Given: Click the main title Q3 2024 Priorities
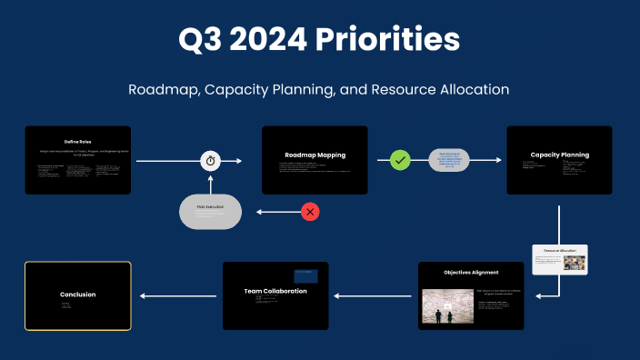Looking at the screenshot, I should pos(319,39).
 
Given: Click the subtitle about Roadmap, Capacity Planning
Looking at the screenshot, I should pos(319,90).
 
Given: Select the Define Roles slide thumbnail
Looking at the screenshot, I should pos(77,160).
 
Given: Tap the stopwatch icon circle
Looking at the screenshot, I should pos(211,161).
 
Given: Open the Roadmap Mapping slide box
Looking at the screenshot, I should pos(315,160).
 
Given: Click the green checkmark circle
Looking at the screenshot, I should pos(401,160).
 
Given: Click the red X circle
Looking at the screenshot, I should pos(311,212).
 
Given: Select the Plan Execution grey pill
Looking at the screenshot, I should pos(210,212).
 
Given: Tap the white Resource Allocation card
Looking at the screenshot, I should pos(559,259).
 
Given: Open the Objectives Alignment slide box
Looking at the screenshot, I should pos(471,295).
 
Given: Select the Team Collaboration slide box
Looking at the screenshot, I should pos(275,295).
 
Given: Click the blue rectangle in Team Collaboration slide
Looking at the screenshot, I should pos(305,275).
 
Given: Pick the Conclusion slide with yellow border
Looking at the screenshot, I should pos(77,295).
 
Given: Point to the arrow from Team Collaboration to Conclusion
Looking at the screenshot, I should pos(177,295).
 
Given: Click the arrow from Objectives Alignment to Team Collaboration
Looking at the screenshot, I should pos(373,295).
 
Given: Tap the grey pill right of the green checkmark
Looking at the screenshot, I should pos(449,160).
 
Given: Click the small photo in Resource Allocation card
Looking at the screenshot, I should pos(574,263).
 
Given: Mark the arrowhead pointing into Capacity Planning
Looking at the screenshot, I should pos(498,160).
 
